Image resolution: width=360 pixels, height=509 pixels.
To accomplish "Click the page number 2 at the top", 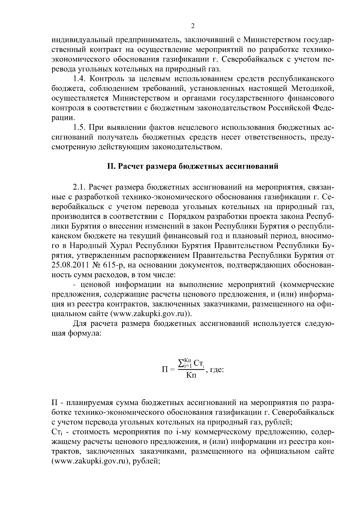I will [x=193, y=26].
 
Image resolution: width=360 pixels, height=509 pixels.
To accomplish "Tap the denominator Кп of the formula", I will [x=191, y=375].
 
